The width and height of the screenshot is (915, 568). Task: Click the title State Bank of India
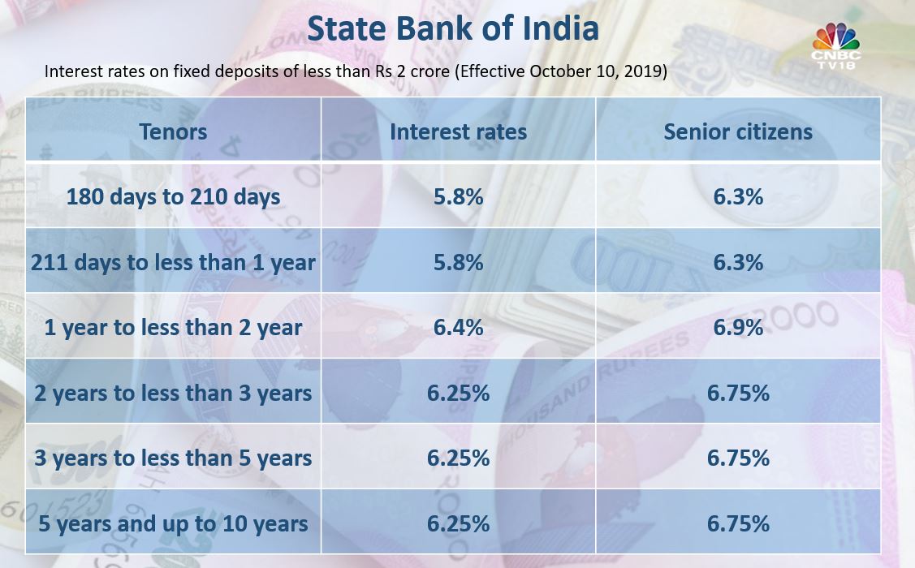tap(453, 28)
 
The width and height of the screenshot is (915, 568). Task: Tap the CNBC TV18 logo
tap(836, 45)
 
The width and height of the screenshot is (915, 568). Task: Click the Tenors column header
tap(173, 131)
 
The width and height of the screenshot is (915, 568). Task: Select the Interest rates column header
tap(458, 131)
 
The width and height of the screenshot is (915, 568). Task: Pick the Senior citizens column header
tap(738, 131)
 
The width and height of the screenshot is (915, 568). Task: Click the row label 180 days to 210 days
tap(173, 196)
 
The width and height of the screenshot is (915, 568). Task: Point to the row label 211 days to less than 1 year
tap(173, 262)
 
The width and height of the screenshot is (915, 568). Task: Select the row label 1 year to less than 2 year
tap(173, 327)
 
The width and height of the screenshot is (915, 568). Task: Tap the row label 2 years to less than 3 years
tap(173, 393)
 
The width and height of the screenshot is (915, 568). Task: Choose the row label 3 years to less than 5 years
tap(173, 458)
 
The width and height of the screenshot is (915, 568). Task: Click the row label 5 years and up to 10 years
tap(173, 523)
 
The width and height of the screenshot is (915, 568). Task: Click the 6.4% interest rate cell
tap(458, 327)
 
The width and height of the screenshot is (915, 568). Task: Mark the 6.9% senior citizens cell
tap(738, 327)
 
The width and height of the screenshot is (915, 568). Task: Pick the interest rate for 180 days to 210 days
tap(458, 196)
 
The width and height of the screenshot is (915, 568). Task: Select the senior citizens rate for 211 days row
tap(738, 262)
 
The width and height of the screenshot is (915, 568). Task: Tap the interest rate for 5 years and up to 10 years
tap(458, 523)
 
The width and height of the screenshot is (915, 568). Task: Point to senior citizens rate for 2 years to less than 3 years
tap(738, 393)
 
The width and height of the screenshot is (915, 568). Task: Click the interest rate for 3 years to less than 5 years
tap(458, 458)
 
